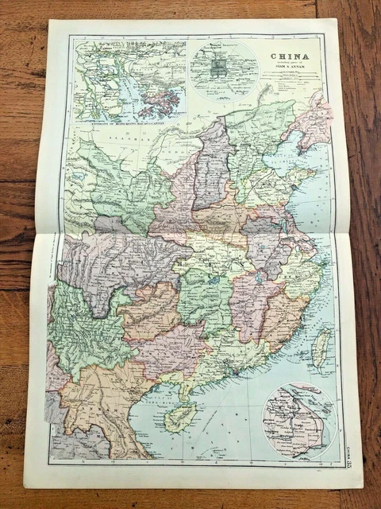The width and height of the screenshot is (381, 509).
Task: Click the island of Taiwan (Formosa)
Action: [x=320, y=348]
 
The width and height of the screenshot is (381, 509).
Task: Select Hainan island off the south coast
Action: [x=180, y=417]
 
